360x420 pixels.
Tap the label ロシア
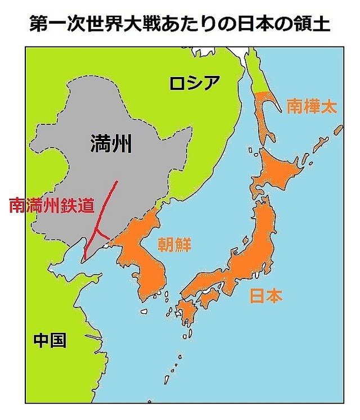click(193, 83)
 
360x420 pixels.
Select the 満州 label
click(110, 144)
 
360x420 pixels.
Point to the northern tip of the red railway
click(117, 182)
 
